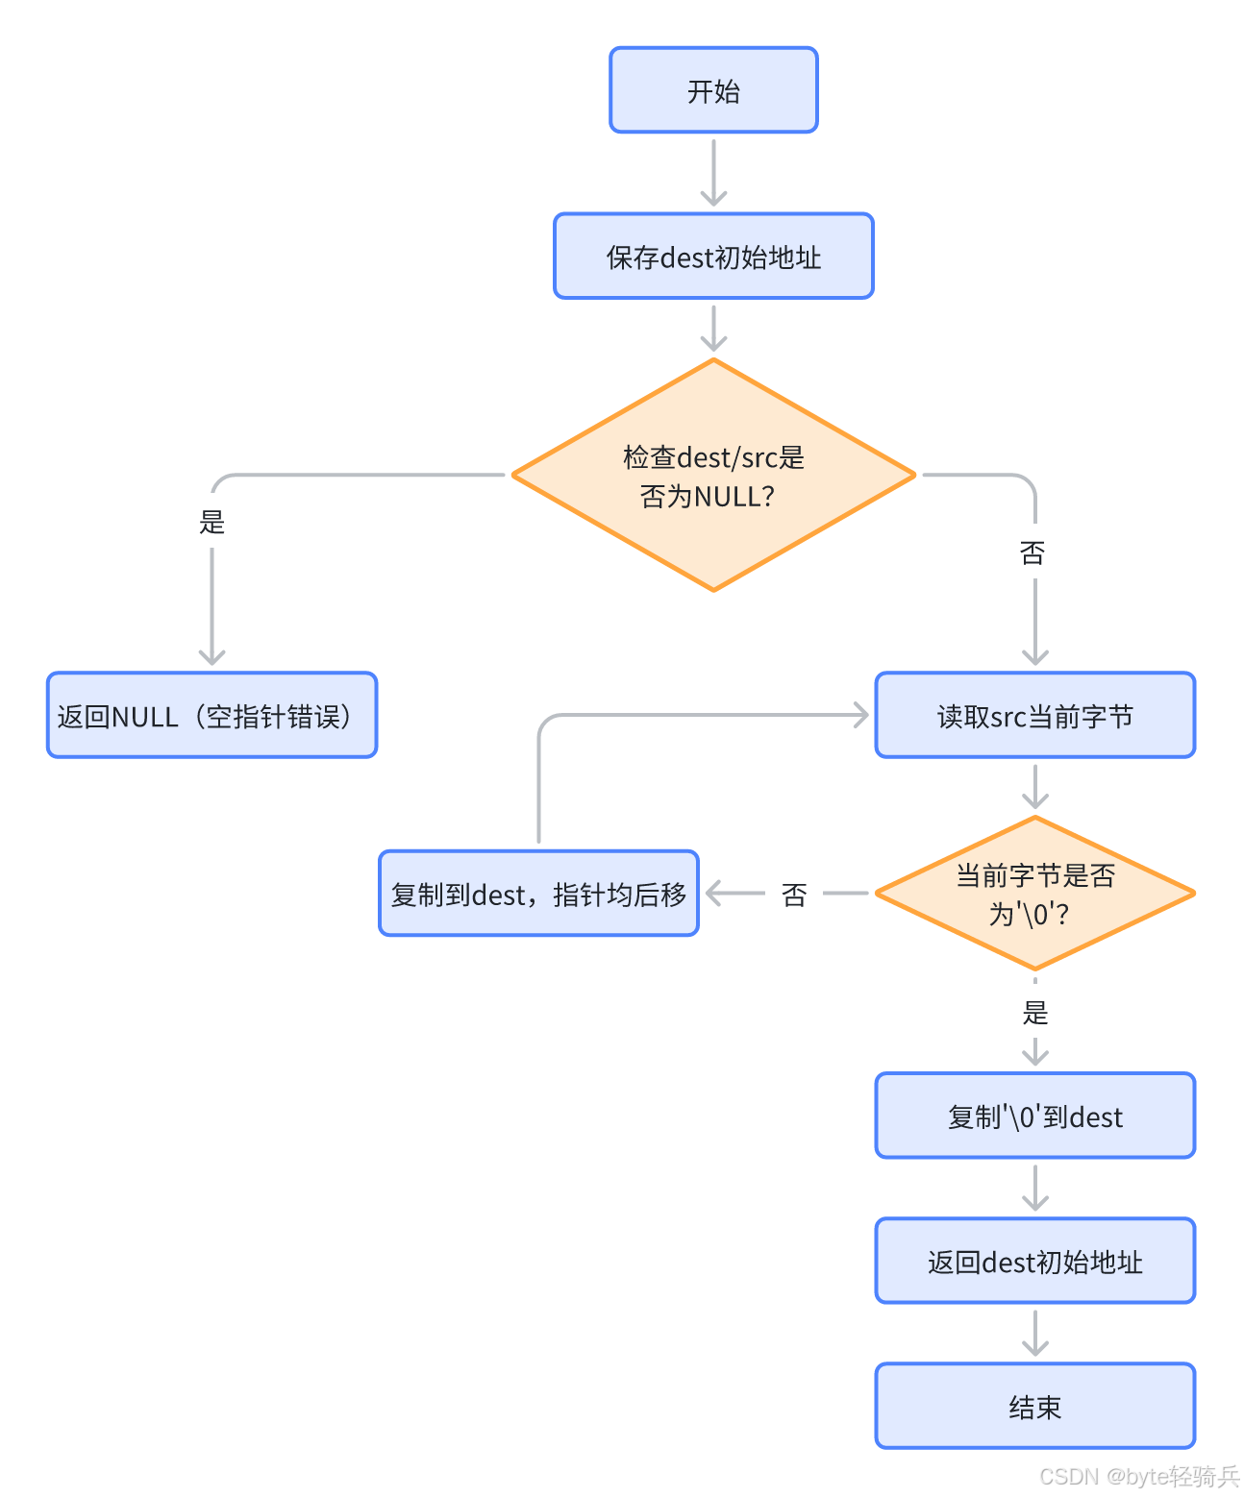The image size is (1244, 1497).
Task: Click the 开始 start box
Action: [713, 90]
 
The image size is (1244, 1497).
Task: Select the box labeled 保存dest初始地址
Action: [713, 257]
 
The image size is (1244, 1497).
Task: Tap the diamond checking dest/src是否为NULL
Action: [713, 476]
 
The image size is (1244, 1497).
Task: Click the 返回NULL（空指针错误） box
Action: [211, 716]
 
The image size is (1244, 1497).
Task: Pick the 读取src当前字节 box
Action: [1034, 716]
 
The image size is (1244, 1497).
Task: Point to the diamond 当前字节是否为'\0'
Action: [1034, 894]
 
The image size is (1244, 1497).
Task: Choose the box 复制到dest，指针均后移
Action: [538, 894]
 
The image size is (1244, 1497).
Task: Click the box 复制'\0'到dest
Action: [1034, 1117]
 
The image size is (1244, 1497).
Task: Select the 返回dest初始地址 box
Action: [1034, 1262]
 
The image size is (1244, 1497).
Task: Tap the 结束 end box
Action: [1034, 1407]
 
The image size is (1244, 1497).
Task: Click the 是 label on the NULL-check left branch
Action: [211, 522]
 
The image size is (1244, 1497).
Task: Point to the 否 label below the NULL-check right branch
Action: [1032, 552]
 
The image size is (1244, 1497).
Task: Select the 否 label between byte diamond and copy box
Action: [794, 895]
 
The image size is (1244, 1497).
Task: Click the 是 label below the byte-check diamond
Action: [1034, 1012]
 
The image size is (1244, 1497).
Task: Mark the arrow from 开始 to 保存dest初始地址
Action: [713, 173]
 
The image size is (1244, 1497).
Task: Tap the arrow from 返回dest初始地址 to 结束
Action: [1034, 1334]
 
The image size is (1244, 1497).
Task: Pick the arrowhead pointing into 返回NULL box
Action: [211, 656]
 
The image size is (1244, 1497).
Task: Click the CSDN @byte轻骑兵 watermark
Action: [1139, 1476]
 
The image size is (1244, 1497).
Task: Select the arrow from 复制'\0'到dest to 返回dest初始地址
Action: [1034, 1189]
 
